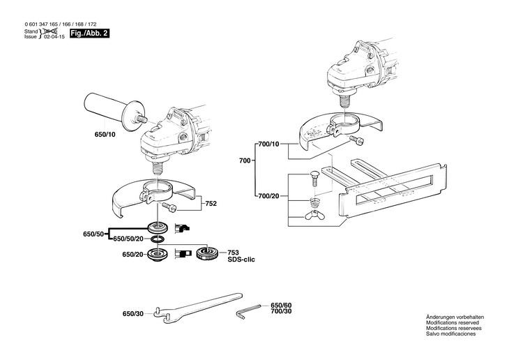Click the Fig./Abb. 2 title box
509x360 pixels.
[89, 33]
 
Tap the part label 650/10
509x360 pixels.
[105, 134]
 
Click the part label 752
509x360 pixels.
[211, 204]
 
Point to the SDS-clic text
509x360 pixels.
[241, 260]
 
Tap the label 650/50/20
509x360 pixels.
[128, 239]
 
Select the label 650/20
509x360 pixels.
[132, 255]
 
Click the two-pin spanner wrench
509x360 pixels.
[199, 308]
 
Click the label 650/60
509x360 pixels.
[281, 306]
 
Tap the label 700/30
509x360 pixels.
[281, 311]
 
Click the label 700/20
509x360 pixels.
[268, 196]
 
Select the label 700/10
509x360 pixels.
[268, 144]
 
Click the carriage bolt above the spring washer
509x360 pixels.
[314, 179]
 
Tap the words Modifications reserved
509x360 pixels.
[453, 322]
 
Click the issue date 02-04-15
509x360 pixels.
[56, 37]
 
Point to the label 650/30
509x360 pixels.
[133, 314]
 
